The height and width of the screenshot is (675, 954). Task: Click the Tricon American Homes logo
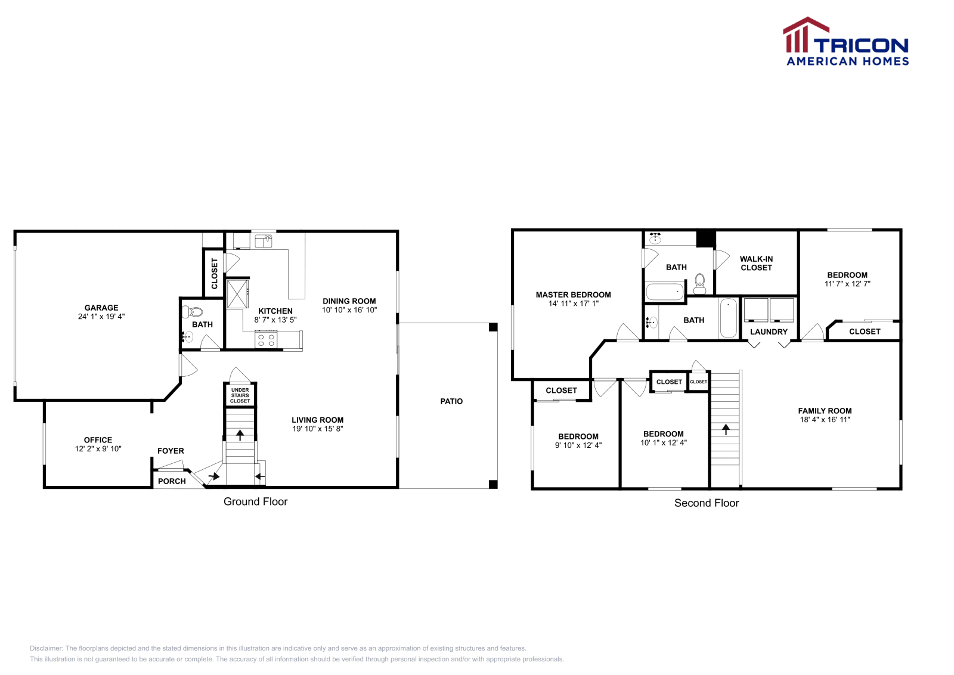[845, 42]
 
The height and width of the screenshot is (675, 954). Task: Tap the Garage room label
[101, 308]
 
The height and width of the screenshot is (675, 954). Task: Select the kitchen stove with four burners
[266, 340]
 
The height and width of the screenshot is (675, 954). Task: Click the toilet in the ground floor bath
[194, 311]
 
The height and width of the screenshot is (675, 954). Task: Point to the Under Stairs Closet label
[240, 395]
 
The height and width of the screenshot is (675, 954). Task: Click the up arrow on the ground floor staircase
[240, 435]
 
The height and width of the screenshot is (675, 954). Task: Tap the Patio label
[451, 401]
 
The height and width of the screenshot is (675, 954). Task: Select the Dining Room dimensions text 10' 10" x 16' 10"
[349, 310]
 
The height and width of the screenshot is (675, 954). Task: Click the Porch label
[172, 481]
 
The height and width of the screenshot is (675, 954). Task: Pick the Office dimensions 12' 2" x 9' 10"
[98, 449]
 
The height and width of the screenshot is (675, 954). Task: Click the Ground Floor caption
[255, 501]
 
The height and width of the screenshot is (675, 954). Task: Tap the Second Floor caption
[707, 503]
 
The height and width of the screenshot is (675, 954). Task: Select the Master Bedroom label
[573, 295]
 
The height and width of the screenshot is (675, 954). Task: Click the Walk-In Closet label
[756, 263]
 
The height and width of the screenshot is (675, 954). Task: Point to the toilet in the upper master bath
[700, 283]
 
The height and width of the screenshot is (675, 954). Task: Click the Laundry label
[769, 332]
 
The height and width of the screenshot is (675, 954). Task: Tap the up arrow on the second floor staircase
[726, 429]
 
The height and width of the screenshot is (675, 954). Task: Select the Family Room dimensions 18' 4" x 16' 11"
[825, 420]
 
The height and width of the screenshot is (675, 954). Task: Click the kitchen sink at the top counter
[263, 240]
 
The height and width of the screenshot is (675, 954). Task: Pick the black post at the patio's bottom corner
[493, 484]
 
